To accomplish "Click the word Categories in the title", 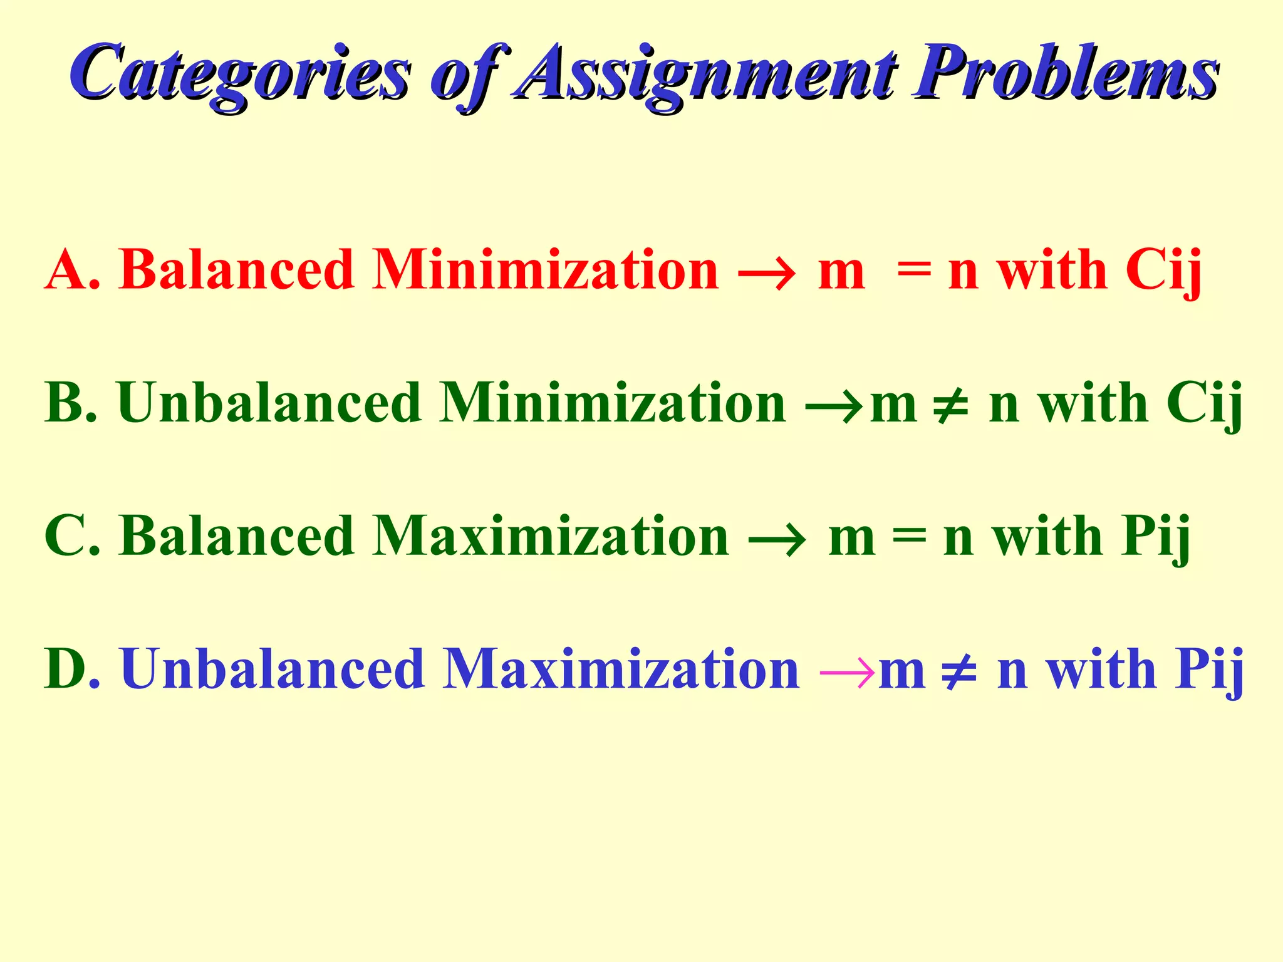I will tap(241, 74).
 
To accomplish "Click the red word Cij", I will tap(1163, 271).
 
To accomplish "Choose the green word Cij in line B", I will tap(1204, 404).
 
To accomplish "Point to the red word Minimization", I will tap(545, 271).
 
